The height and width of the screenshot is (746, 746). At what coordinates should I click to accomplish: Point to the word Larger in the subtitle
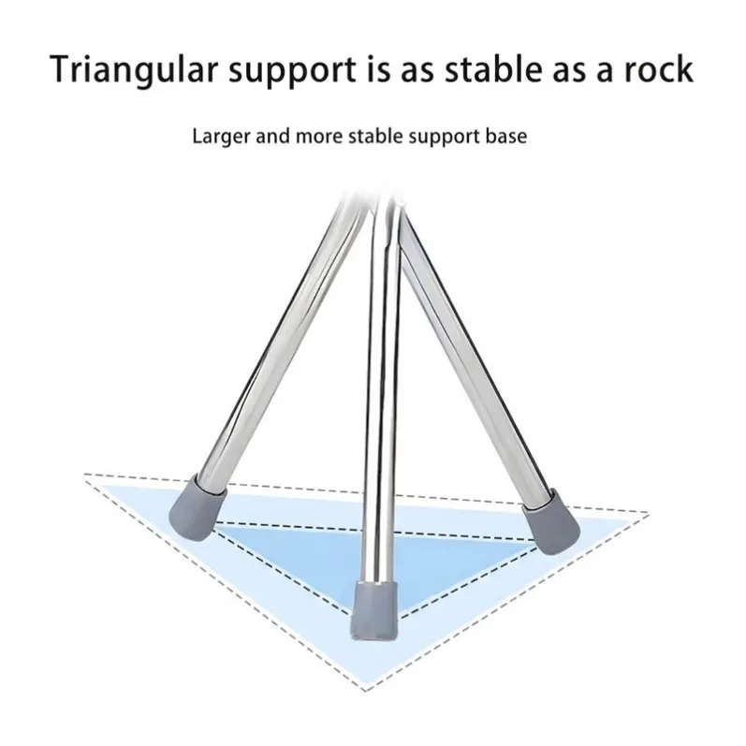click(221, 137)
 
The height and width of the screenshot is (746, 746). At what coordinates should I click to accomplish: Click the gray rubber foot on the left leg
click(197, 506)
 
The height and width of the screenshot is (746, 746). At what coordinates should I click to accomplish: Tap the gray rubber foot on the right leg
click(551, 522)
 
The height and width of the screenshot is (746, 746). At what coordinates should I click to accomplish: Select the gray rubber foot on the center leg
click(375, 611)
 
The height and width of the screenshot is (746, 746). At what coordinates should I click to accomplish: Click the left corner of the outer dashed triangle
click(84, 474)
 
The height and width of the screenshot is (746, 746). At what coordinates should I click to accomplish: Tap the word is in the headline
click(376, 70)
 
